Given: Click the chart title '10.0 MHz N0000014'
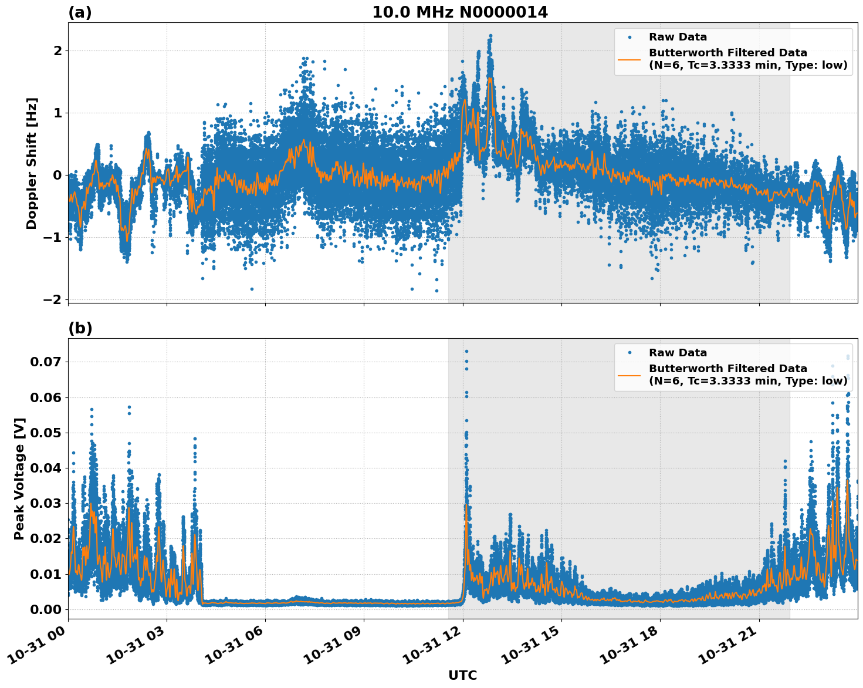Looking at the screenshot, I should (x=460, y=12).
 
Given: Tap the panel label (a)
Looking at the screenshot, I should (x=80, y=12).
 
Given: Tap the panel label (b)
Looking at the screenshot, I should (x=80, y=328).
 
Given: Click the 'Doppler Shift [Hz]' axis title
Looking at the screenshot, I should (x=32, y=163).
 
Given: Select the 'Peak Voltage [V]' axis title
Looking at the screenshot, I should (x=19, y=478).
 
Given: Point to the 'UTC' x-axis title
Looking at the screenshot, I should (x=462, y=675).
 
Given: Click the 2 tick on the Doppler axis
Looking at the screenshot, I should (x=57, y=51).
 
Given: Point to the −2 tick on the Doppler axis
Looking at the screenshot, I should (x=52, y=299).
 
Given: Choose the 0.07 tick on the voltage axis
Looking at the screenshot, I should (x=45, y=362).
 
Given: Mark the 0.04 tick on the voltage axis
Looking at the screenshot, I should (x=45, y=468).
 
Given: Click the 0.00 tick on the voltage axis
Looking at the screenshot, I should (x=45, y=609).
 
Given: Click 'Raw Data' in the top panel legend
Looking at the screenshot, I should (x=678, y=37).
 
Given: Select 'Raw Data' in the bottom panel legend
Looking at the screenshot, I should (x=678, y=353).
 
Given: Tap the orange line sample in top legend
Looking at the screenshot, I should (x=629, y=59).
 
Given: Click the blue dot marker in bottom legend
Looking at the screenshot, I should (x=629, y=353).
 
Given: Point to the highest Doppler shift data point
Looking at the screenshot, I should (x=490, y=36).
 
